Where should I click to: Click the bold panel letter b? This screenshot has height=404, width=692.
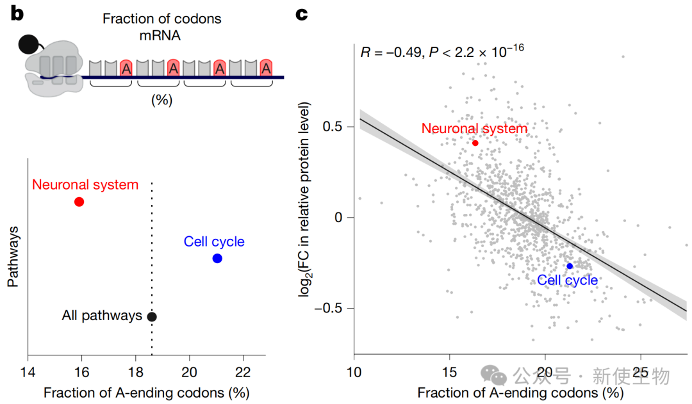pyautogui.click(x=16, y=13)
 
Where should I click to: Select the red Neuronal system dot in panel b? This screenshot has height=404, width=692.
pyautogui.click(x=79, y=202)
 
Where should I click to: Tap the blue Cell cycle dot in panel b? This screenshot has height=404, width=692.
pyautogui.click(x=217, y=259)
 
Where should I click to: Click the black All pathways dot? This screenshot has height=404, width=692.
pyautogui.click(x=151, y=316)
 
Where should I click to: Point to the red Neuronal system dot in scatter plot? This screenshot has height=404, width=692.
pyautogui.click(x=475, y=143)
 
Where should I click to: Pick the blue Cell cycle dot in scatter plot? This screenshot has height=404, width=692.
pyautogui.click(x=570, y=266)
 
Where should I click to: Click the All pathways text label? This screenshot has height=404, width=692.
pyautogui.click(x=102, y=316)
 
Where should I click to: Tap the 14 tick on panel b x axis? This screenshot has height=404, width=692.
pyautogui.click(x=27, y=371)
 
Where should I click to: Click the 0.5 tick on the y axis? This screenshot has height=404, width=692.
pyautogui.click(x=333, y=127)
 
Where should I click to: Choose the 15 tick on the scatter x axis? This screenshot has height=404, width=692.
pyautogui.click(x=449, y=372)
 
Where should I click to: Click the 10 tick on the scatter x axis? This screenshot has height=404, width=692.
pyautogui.click(x=353, y=372)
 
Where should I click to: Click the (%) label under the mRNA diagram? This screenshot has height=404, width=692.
pyautogui.click(x=161, y=100)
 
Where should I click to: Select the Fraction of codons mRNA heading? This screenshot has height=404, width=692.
pyautogui.click(x=161, y=26)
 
